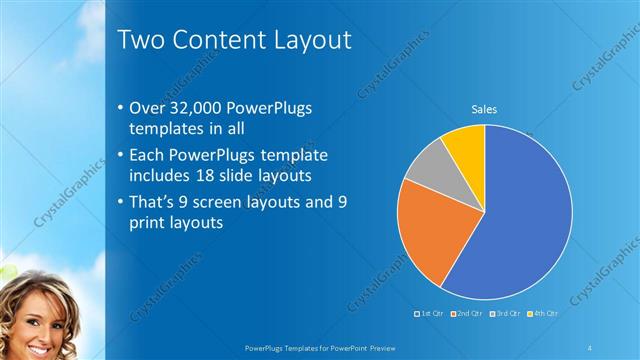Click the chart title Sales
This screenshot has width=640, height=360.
click(x=484, y=109)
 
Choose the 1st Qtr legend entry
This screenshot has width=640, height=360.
click(x=430, y=313)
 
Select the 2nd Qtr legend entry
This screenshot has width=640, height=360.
click(x=467, y=313)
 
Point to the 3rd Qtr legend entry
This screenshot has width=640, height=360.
click(x=505, y=313)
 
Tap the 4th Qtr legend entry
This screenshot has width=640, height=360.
click(x=542, y=313)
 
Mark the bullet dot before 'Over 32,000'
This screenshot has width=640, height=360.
click(x=121, y=108)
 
